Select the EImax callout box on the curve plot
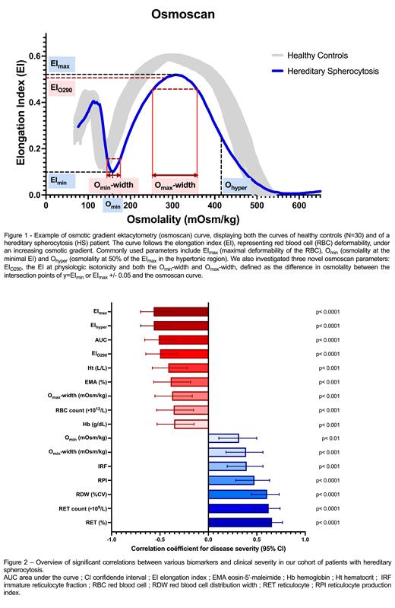62,65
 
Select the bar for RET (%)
240,522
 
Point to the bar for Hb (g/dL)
191,424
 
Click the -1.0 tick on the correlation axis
112,540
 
